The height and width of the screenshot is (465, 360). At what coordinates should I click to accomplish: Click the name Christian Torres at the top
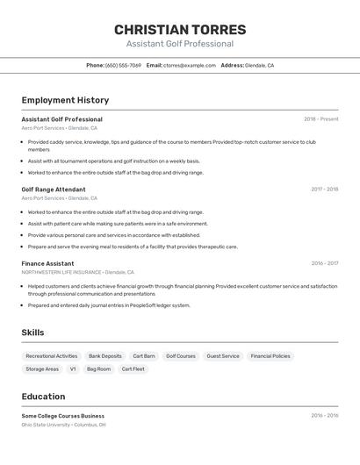pos(180,30)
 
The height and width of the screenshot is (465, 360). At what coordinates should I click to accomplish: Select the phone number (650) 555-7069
pos(123,65)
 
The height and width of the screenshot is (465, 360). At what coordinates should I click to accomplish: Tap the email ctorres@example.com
pos(189,65)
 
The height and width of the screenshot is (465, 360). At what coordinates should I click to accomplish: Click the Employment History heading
pos(65,100)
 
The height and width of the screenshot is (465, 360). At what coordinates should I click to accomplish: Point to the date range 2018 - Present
pos(320,119)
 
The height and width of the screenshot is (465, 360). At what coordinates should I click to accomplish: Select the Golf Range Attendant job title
pos(54,190)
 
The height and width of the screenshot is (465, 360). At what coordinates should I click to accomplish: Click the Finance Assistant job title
pos(47,263)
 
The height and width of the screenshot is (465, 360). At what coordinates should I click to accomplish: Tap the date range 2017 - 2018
pos(324,190)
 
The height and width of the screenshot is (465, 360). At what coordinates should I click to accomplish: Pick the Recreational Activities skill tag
pos(52,356)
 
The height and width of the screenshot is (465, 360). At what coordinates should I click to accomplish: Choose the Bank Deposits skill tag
pos(105,356)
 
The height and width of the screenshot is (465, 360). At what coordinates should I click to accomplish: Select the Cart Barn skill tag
pos(144,356)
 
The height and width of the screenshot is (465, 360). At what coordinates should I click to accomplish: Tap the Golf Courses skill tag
pos(181,356)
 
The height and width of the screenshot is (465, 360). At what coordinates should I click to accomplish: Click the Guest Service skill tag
pos(223,356)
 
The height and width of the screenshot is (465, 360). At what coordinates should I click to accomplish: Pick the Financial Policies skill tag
pos(270,356)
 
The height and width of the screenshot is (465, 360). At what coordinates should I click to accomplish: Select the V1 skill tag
pos(73,369)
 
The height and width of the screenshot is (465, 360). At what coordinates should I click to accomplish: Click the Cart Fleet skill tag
pos(133,369)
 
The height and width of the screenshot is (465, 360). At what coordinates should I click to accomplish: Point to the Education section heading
pos(44,397)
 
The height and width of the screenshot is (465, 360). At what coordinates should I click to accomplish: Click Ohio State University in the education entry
pos(47,425)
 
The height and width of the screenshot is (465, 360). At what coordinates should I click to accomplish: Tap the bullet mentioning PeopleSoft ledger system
pos(109,305)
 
